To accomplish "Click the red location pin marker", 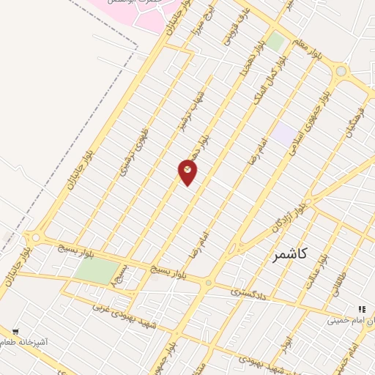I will pyautogui.click(x=187, y=172).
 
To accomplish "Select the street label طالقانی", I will pyautogui.click(x=340, y=281).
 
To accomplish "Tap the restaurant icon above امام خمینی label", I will pyautogui.click(x=361, y=310).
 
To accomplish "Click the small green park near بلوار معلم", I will pyautogui.click(x=275, y=42).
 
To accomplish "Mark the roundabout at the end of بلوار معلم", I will pyautogui.click(x=340, y=71).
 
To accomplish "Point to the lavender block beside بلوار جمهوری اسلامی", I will pyautogui.click(x=282, y=133).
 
